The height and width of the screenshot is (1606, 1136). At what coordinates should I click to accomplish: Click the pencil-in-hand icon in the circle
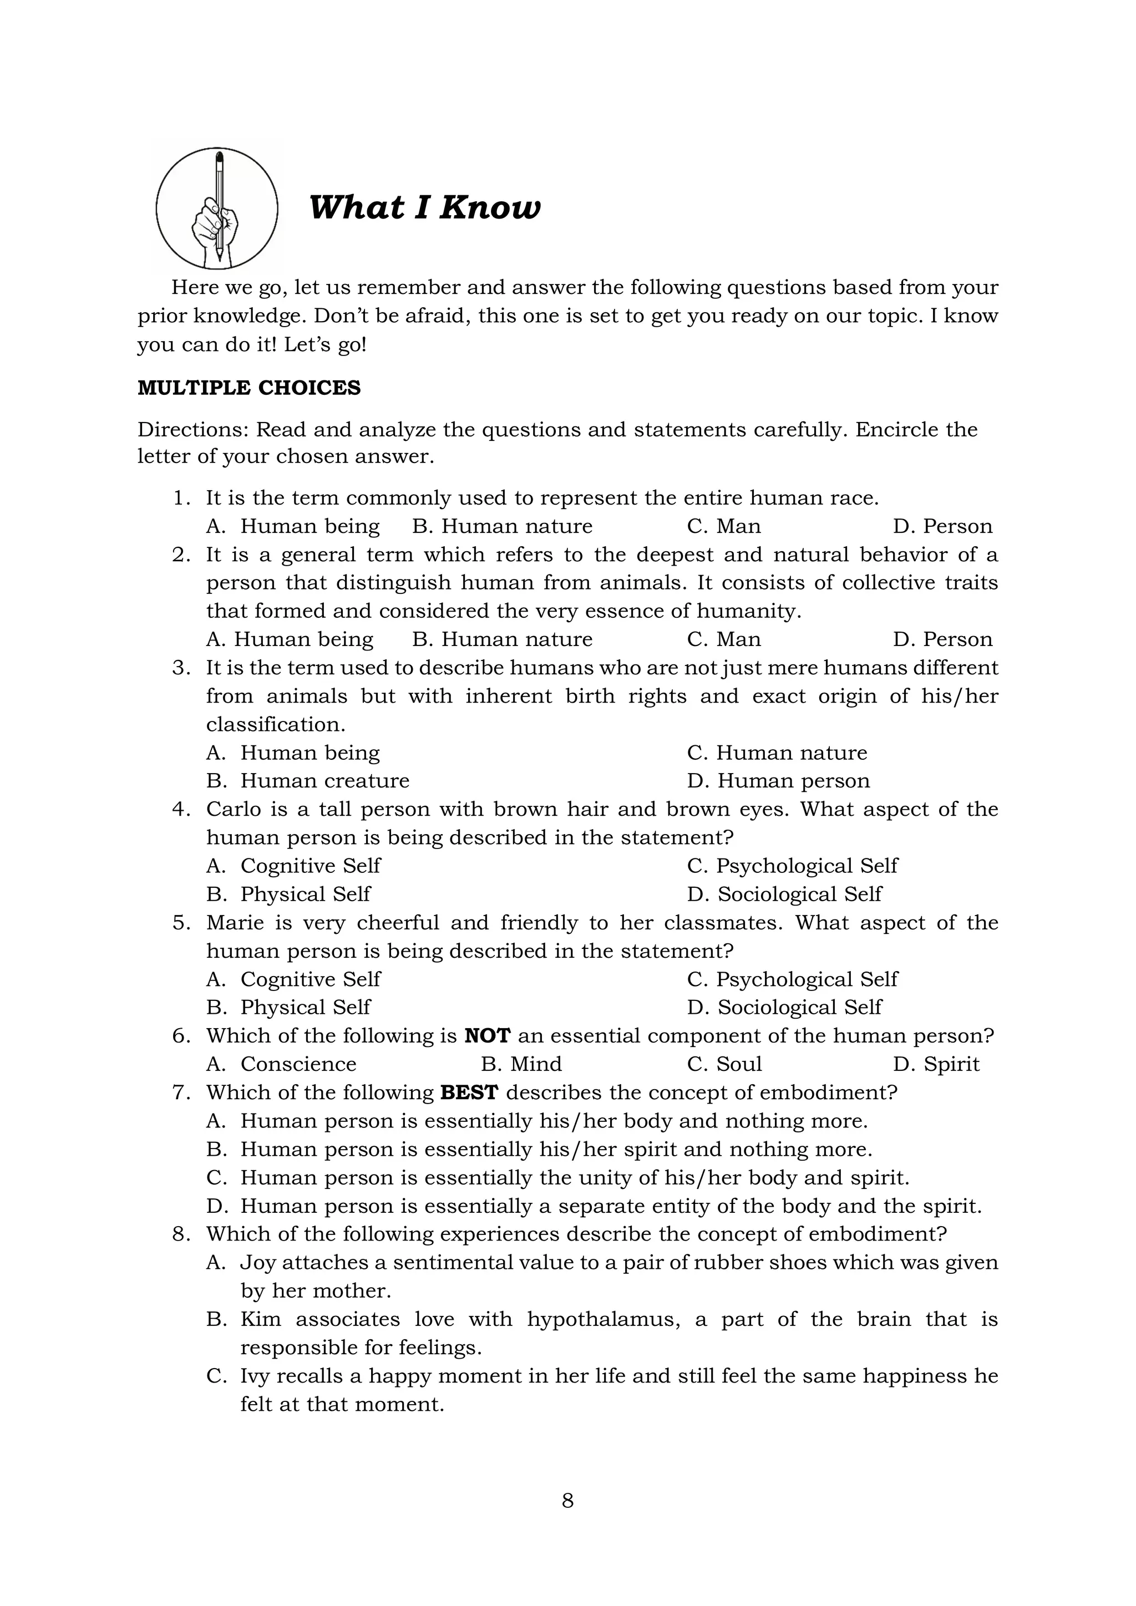click(x=217, y=209)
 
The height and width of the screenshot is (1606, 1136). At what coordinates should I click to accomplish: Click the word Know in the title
click(x=490, y=208)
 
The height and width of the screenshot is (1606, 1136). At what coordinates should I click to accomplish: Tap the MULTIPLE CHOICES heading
click(x=249, y=388)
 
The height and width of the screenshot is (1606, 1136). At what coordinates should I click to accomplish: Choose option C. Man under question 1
click(x=723, y=526)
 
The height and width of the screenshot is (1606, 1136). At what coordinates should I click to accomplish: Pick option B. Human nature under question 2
click(x=501, y=639)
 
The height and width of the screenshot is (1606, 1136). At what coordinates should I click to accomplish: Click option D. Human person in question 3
click(x=778, y=781)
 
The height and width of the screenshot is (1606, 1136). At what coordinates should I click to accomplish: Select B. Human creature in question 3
click(x=308, y=781)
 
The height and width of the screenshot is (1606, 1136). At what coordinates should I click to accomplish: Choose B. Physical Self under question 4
click(x=288, y=894)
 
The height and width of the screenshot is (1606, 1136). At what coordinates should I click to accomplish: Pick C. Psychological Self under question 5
click(x=792, y=979)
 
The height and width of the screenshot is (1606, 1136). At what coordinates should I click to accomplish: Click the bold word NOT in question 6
click(x=487, y=1036)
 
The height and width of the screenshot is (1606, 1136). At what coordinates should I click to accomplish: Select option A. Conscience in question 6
click(x=281, y=1064)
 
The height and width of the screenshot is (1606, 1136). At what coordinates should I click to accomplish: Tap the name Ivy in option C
click(x=255, y=1376)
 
